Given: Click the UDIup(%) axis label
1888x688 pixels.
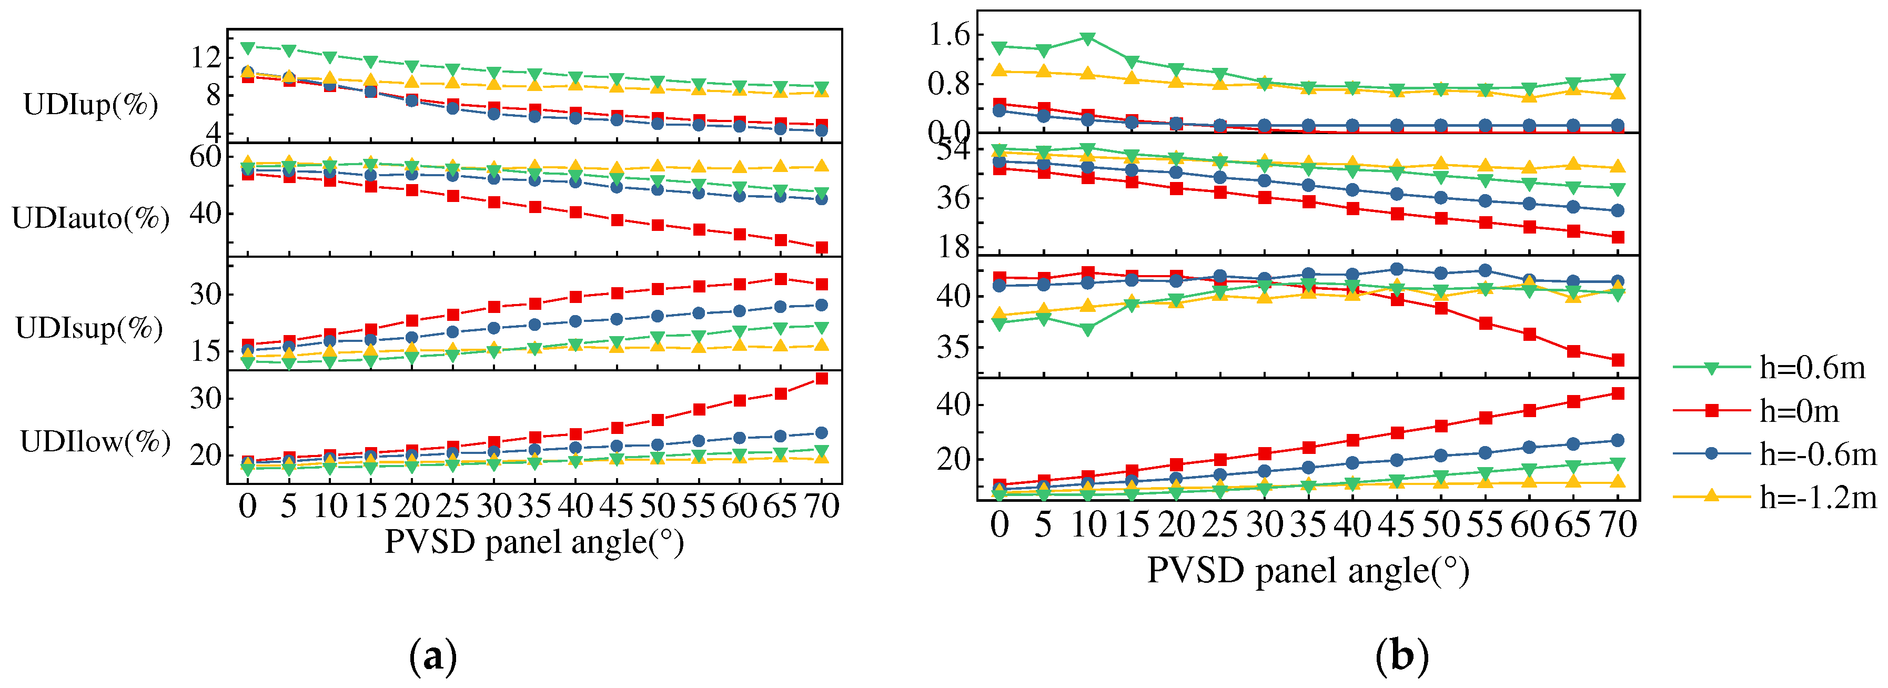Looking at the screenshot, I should [91, 105].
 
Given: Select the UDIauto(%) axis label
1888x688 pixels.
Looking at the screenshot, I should [91, 218].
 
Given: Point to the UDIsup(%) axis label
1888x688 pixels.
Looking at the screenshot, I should [89, 328].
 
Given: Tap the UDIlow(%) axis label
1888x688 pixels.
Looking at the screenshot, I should [95, 442].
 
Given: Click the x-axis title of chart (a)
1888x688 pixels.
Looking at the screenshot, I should [534, 543].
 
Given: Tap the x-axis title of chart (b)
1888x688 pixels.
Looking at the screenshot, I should [1308, 571].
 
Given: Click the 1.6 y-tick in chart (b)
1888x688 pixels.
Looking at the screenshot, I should [948, 34].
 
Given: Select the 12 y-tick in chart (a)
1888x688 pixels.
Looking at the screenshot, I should [205, 56].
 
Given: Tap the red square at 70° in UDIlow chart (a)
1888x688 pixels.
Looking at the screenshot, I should [822, 379].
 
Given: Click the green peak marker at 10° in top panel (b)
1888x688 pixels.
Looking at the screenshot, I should [1088, 38].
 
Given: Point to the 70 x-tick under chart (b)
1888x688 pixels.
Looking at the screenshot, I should [1617, 524].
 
